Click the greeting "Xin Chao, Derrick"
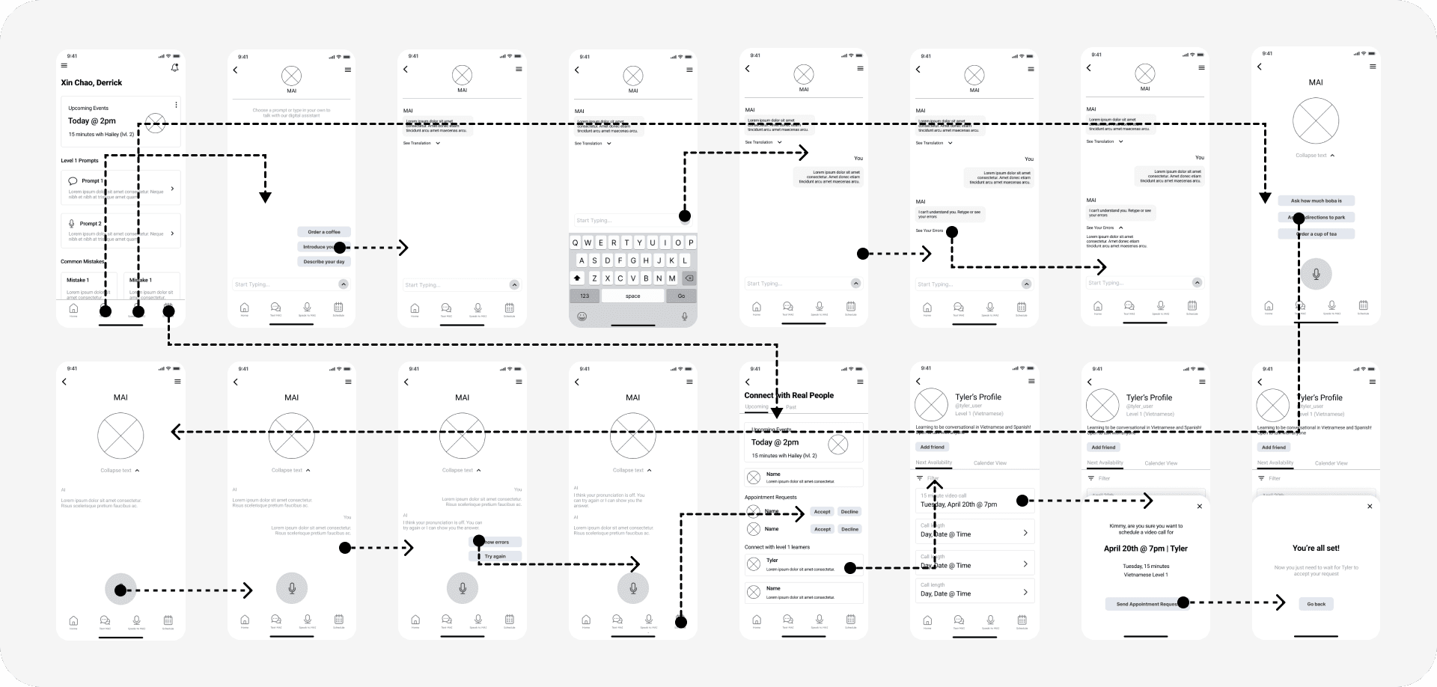(91, 83)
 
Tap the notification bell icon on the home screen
(174, 67)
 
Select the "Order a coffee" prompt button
(324, 232)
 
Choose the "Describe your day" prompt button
(324, 262)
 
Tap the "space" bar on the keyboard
(632, 296)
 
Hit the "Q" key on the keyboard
(575, 242)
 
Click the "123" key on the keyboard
(585, 296)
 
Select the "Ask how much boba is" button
(1316, 201)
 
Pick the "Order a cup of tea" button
(1317, 234)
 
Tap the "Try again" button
(495, 557)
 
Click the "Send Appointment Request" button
(1145, 604)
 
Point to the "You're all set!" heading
(1316, 549)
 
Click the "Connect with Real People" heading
(789, 395)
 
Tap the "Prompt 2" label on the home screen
(91, 224)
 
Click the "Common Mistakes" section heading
(82, 262)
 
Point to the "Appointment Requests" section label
(770, 498)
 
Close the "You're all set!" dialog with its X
(1370, 507)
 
